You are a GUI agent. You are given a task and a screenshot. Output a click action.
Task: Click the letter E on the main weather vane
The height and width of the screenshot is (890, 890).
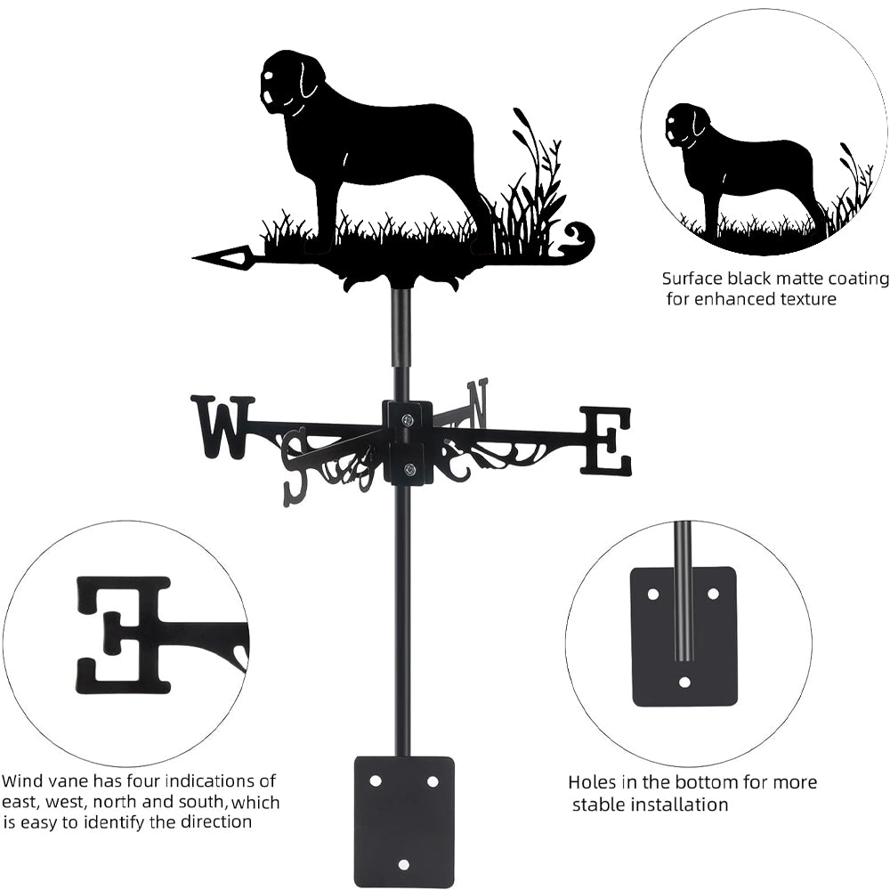point(605,441)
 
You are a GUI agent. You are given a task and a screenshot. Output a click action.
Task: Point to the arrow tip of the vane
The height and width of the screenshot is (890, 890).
point(193,259)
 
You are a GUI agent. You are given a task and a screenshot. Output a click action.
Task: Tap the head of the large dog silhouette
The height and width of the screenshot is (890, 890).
point(292,81)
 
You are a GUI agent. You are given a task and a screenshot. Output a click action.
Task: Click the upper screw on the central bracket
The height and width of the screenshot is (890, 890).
point(409,420)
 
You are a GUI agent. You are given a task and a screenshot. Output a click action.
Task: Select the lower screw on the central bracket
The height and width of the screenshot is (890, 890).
point(409,469)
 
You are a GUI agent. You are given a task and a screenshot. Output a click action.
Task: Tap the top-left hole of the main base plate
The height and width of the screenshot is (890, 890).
point(376,781)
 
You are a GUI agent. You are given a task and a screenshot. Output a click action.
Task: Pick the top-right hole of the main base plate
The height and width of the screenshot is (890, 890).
point(433,781)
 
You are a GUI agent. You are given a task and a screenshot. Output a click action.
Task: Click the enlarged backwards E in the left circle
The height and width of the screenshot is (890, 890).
point(123,635)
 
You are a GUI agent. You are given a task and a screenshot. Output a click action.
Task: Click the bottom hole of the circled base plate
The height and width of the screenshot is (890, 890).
point(684,682)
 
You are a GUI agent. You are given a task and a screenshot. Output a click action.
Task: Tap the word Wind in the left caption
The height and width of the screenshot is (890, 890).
point(21,781)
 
